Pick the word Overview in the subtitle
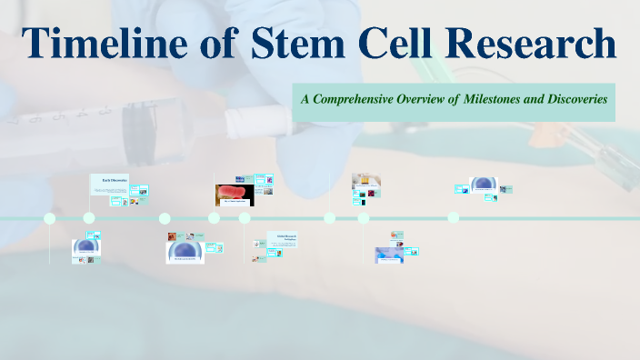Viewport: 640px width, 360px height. (x=425, y=98)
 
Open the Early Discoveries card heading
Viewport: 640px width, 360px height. (x=115, y=179)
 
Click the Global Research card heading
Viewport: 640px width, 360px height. (x=288, y=237)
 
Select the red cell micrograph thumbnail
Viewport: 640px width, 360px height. (x=234, y=194)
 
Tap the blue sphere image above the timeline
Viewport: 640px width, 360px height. (x=482, y=185)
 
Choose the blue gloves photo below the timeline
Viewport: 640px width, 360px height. (x=389, y=254)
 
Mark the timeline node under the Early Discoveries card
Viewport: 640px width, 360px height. (x=89, y=218)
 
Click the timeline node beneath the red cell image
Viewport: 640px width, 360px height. (x=214, y=218)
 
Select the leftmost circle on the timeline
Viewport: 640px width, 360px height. (x=50, y=218)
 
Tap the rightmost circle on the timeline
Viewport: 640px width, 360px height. (x=454, y=218)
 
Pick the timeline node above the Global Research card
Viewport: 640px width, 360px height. (x=245, y=218)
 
